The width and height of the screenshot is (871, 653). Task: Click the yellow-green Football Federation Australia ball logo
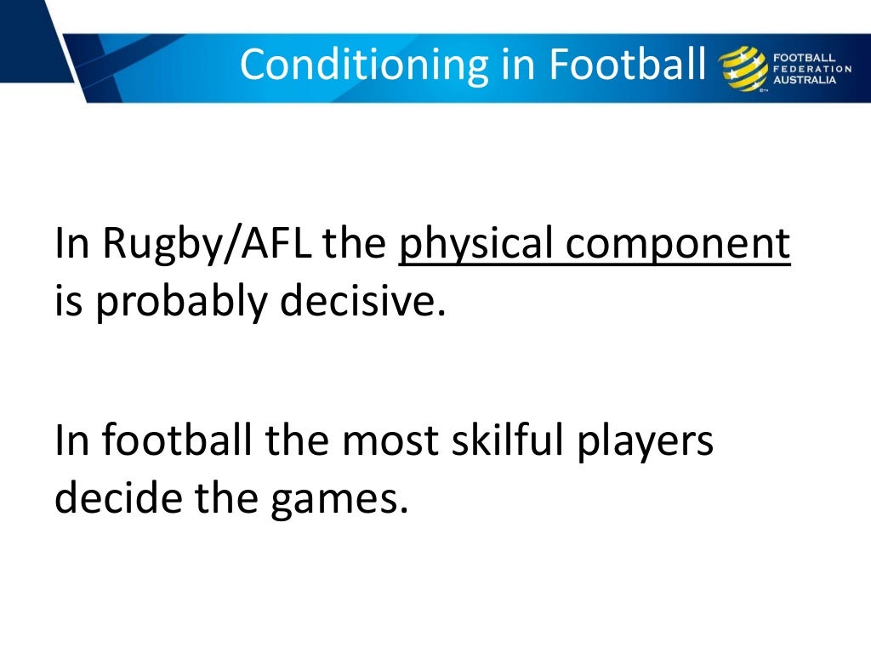pos(742,67)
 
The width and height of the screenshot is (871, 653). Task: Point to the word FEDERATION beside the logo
pos(811,68)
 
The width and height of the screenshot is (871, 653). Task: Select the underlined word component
pos(679,246)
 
